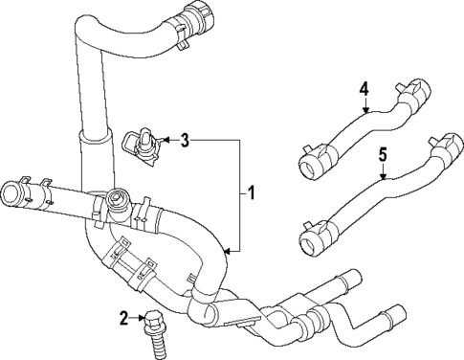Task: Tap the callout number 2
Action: point(125,317)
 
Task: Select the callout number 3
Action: point(186,141)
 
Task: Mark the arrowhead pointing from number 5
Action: point(382,177)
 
